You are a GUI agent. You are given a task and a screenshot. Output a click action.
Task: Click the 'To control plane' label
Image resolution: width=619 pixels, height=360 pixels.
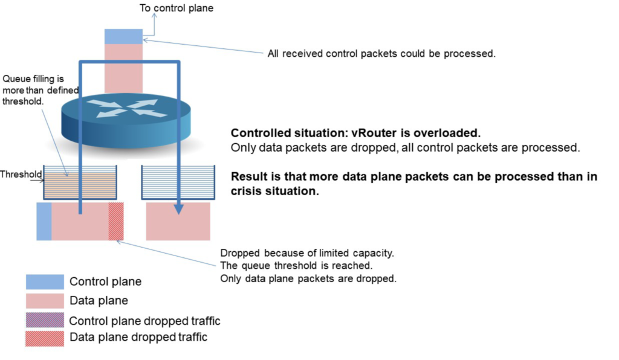(x=177, y=8)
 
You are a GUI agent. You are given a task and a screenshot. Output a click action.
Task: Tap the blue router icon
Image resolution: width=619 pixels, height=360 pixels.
(x=126, y=121)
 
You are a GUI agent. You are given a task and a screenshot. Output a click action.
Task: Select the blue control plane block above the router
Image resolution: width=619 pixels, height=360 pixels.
(x=123, y=36)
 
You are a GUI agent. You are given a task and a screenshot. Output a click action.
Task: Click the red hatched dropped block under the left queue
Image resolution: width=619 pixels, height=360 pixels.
(x=116, y=221)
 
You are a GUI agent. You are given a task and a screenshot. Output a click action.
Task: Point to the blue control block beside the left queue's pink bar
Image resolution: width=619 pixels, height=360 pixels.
(x=44, y=221)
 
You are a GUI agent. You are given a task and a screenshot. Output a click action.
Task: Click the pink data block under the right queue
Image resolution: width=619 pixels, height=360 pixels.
(x=178, y=221)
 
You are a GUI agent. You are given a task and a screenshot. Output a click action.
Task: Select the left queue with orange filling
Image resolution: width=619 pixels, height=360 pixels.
(x=80, y=182)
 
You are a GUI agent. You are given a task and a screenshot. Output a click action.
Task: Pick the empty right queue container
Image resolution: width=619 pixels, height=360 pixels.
(x=178, y=182)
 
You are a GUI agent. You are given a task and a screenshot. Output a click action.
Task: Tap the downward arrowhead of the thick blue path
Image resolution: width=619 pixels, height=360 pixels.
(x=178, y=210)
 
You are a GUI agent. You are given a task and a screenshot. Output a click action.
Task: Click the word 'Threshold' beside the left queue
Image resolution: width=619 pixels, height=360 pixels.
(x=21, y=175)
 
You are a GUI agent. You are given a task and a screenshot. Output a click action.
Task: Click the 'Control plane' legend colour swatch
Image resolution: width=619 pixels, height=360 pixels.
(x=45, y=282)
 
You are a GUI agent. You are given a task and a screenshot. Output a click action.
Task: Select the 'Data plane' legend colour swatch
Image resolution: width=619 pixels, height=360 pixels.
(x=45, y=301)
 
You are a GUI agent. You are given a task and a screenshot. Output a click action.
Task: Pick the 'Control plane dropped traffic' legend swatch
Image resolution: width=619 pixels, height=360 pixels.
(x=45, y=320)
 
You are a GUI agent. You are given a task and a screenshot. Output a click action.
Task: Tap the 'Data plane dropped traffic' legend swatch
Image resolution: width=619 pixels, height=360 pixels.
(x=45, y=339)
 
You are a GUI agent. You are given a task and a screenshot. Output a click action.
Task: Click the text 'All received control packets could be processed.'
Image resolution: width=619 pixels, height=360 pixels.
(x=381, y=53)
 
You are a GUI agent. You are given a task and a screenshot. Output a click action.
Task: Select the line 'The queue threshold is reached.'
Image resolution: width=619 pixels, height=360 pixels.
(x=296, y=265)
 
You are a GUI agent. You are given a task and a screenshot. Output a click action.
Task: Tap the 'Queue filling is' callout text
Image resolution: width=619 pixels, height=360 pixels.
(x=33, y=79)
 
